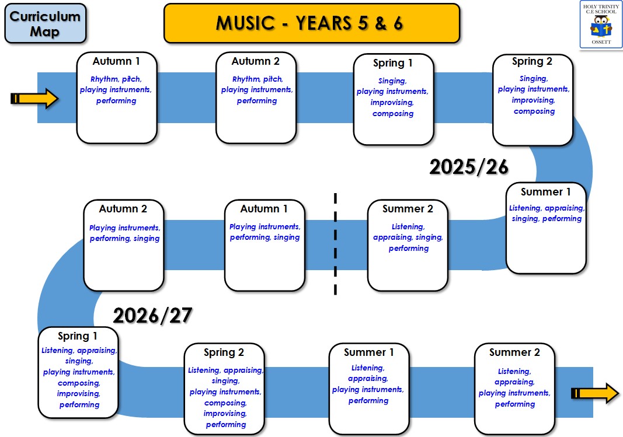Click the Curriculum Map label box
(45, 23)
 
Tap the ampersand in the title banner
(378, 23)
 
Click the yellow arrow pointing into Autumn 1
(34, 99)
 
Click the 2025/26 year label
(469, 167)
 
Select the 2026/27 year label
(152, 316)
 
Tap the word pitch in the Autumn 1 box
(131, 79)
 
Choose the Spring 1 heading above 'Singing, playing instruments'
(393, 63)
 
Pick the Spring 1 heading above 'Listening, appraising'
(78, 337)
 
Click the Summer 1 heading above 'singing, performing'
(546, 192)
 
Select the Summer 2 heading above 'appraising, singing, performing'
(408, 209)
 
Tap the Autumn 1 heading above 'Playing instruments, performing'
(264, 209)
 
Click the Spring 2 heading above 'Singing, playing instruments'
(532, 61)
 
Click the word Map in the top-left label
(45, 31)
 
